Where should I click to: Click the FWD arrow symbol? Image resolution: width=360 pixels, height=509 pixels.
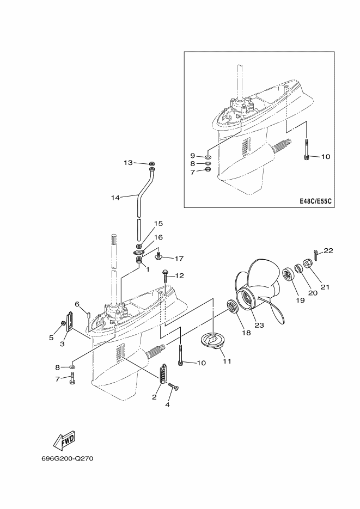[64, 439]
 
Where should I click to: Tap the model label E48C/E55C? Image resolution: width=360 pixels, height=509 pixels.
[315, 201]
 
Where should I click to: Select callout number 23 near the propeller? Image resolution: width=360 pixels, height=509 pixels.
[259, 324]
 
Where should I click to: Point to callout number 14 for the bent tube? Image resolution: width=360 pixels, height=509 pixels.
[115, 198]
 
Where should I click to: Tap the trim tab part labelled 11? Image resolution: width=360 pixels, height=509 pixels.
[213, 341]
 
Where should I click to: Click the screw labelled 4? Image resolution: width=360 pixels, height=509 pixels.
[174, 387]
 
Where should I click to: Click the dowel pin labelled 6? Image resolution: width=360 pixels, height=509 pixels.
[88, 315]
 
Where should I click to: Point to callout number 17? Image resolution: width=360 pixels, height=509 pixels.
[179, 259]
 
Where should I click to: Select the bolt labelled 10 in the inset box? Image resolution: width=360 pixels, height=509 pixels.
[307, 149]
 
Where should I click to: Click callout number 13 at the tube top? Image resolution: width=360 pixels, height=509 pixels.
[129, 162]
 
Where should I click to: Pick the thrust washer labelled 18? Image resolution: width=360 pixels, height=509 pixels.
[233, 307]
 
